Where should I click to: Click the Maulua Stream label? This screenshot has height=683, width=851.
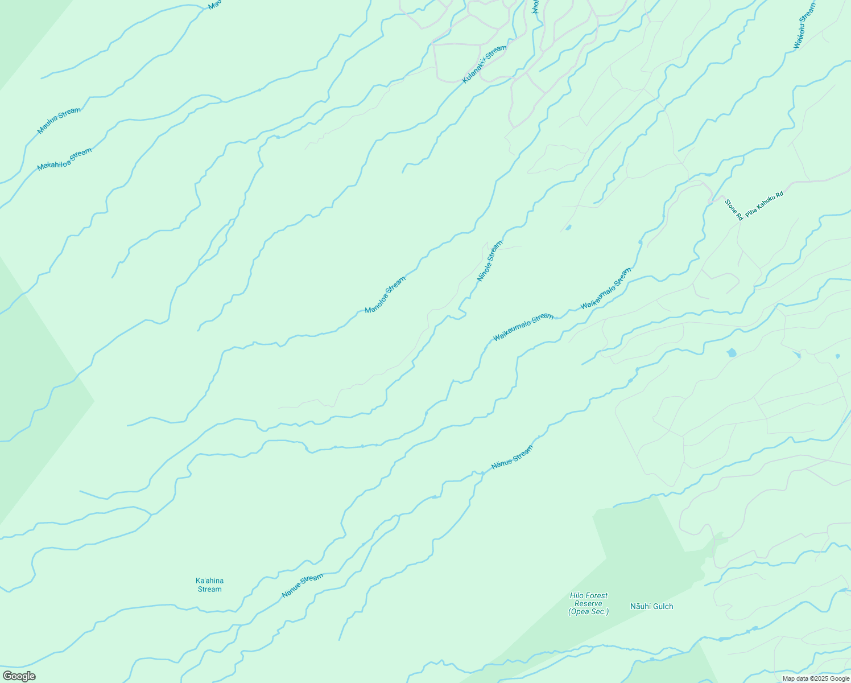coord(59,121)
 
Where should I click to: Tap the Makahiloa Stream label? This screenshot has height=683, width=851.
coord(64,159)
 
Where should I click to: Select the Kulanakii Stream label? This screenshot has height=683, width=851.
coord(484,64)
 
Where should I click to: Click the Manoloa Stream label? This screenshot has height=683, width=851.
coord(385,295)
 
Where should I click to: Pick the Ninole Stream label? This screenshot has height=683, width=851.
coord(490,261)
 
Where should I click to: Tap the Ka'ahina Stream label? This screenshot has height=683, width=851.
coord(209,585)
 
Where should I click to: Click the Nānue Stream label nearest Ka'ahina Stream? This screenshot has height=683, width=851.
coord(303,586)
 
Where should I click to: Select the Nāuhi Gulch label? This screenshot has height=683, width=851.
coord(651,606)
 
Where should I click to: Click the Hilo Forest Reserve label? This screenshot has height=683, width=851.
coord(588,603)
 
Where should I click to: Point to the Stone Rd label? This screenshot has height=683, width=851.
coord(734,209)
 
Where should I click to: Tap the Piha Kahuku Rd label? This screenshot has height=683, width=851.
coord(764,203)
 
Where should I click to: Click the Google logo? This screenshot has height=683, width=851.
coord(19,676)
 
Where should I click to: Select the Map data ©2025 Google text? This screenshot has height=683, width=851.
coord(815,678)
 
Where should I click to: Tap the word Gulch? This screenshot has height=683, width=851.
coord(662,606)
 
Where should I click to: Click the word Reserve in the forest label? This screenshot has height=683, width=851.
coord(588,603)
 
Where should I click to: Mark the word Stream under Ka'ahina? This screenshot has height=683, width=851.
coord(209,589)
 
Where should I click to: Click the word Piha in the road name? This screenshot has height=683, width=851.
coord(751,211)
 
